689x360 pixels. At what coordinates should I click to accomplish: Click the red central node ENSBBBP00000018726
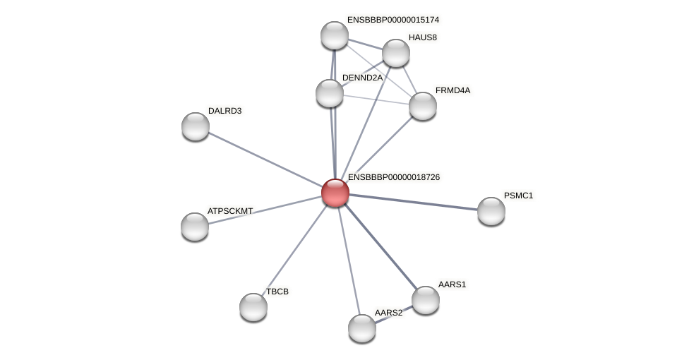tap(335, 192)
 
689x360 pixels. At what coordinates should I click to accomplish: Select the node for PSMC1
tap(491, 211)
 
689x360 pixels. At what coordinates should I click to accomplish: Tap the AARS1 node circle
tap(425, 300)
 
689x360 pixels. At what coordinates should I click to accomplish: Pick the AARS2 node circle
tap(362, 328)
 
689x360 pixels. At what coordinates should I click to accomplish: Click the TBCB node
tap(253, 307)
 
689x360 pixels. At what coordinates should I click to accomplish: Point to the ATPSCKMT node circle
tap(195, 227)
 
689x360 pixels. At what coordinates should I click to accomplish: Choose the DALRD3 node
tap(196, 126)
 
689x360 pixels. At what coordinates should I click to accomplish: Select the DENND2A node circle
tap(330, 93)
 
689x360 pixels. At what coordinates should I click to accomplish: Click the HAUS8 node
tap(396, 53)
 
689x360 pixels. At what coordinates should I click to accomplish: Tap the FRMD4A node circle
tap(423, 106)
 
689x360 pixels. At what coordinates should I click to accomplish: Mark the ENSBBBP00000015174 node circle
tap(335, 35)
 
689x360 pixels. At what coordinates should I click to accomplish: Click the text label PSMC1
tap(518, 196)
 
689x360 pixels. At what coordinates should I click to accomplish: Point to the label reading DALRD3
tap(224, 111)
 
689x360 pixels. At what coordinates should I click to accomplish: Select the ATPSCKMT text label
tap(230, 211)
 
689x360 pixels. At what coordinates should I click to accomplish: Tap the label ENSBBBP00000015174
tap(393, 20)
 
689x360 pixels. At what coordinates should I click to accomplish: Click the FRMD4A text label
tap(453, 90)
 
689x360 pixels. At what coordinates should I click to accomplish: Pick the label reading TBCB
tap(277, 292)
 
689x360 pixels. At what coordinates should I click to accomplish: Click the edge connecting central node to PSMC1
tap(413, 201)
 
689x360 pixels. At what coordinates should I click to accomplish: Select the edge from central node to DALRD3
tap(265, 160)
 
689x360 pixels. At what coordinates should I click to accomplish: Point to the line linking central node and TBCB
tap(294, 249)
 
